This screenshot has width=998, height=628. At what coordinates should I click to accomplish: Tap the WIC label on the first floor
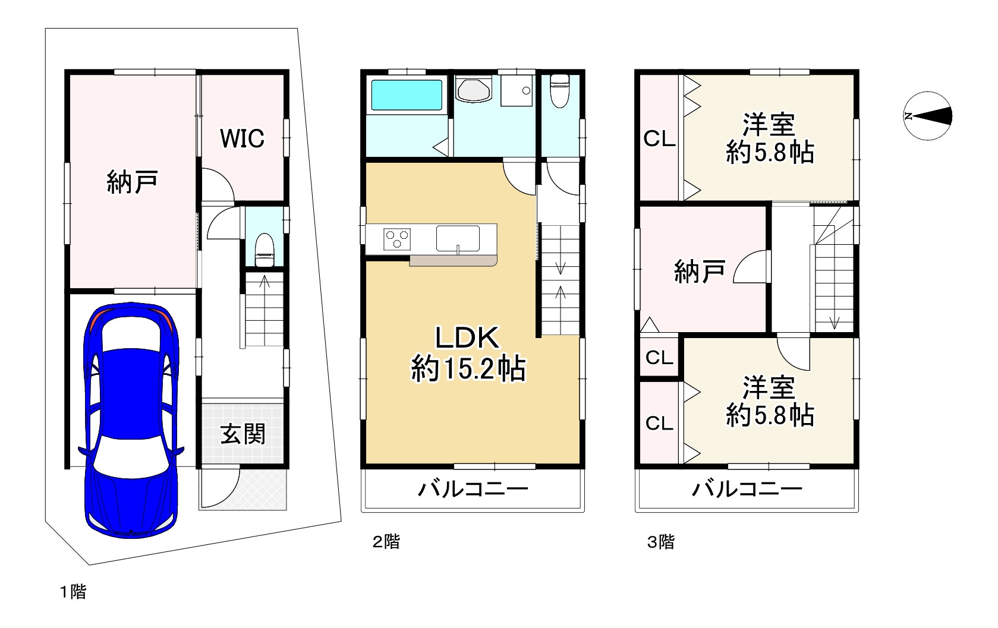click(243, 138)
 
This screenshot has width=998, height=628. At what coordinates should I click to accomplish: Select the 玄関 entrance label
click(243, 434)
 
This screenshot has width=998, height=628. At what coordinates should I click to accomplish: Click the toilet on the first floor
click(264, 250)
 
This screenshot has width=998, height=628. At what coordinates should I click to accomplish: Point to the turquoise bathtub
click(407, 95)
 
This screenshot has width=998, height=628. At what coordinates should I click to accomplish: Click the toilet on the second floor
click(560, 91)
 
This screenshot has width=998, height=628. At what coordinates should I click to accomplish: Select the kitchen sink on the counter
click(458, 239)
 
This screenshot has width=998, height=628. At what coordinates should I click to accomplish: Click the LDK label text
click(467, 338)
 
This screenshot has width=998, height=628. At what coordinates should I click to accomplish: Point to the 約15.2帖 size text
click(468, 369)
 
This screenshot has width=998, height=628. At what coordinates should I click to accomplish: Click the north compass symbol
click(928, 116)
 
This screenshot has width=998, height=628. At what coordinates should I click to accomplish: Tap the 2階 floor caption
click(386, 542)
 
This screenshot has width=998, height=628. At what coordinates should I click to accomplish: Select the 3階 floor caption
click(661, 542)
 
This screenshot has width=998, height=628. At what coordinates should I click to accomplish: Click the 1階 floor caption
click(73, 592)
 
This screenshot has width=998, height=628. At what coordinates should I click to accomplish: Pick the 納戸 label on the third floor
click(700, 272)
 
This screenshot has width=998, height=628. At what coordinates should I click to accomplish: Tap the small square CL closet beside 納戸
click(659, 357)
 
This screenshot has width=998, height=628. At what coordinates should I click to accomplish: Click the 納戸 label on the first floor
click(133, 182)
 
